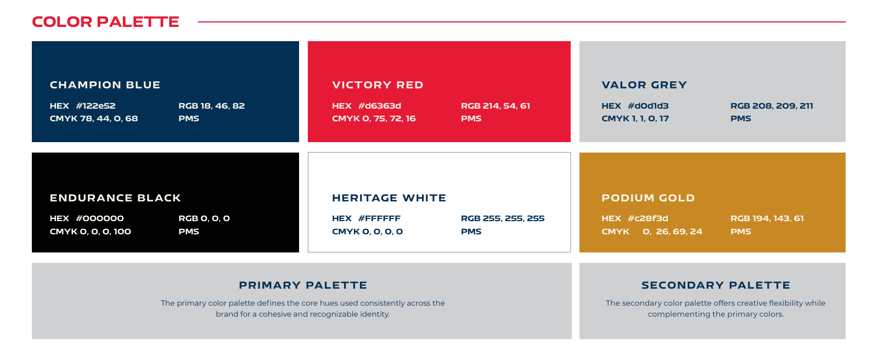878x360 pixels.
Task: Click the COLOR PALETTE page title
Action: click(105, 22)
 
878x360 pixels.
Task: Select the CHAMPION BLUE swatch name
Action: click(105, 85)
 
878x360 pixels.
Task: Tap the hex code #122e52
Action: click(95, 106)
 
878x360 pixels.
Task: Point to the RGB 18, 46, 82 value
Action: click(212, 106)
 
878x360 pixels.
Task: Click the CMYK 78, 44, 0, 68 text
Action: click(94, 119)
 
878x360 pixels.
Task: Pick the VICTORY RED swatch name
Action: click(378, 85)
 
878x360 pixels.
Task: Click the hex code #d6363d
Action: click(379, 106)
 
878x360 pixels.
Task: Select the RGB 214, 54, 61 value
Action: click(496, 106)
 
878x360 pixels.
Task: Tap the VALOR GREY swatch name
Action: click(644, 85)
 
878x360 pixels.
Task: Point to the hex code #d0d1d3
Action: click(648, 106)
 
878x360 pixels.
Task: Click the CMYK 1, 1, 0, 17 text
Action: click(635, 119)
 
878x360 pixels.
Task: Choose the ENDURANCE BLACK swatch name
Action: click(115, 198)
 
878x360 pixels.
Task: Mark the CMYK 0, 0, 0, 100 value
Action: click(91, 232)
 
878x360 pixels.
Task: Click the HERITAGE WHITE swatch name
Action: click(389, 198)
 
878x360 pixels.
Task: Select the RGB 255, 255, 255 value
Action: click(503, 219)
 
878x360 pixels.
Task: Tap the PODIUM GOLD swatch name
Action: click(648, 198)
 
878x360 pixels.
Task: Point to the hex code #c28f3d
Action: click(648, 218)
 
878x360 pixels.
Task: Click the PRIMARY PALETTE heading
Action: click(303, 285)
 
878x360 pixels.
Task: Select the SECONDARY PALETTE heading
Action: click(716, 285)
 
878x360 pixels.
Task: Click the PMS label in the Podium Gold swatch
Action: click(741, 232)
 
